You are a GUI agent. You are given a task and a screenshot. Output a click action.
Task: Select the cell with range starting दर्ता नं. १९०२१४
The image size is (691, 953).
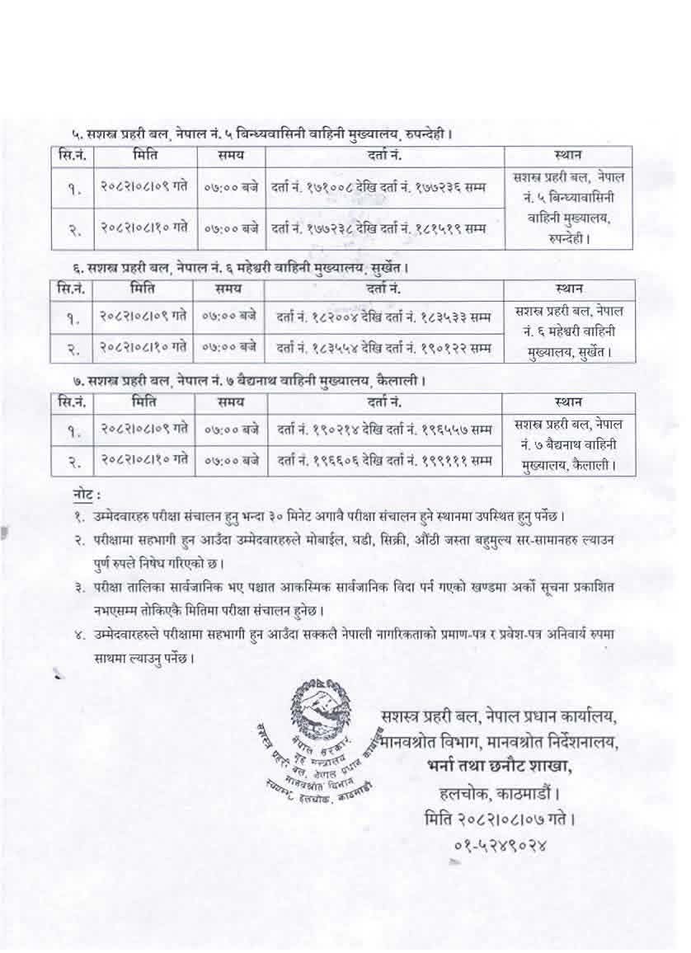(383, 430)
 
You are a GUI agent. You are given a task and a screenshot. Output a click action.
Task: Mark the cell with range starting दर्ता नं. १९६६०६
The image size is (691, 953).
(383, 459)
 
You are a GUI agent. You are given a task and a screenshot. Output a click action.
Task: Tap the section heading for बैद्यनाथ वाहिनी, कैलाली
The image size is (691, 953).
(247, 381)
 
